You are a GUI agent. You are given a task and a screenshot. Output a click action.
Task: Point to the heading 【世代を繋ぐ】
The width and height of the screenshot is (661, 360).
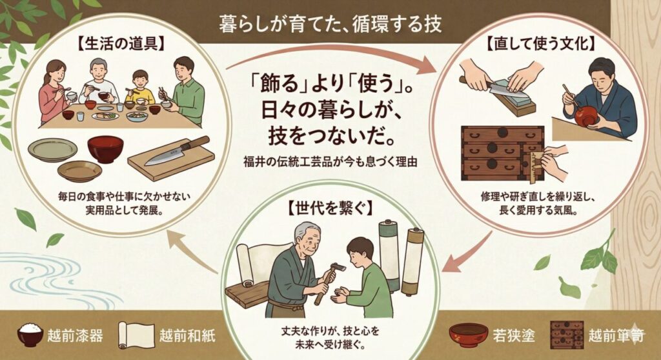(x=332, y=208)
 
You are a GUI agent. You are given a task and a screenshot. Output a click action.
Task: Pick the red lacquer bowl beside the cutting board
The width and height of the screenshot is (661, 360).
(x=105, y=149)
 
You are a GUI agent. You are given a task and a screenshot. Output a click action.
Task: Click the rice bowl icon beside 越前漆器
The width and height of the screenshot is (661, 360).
(x=30, y=335)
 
